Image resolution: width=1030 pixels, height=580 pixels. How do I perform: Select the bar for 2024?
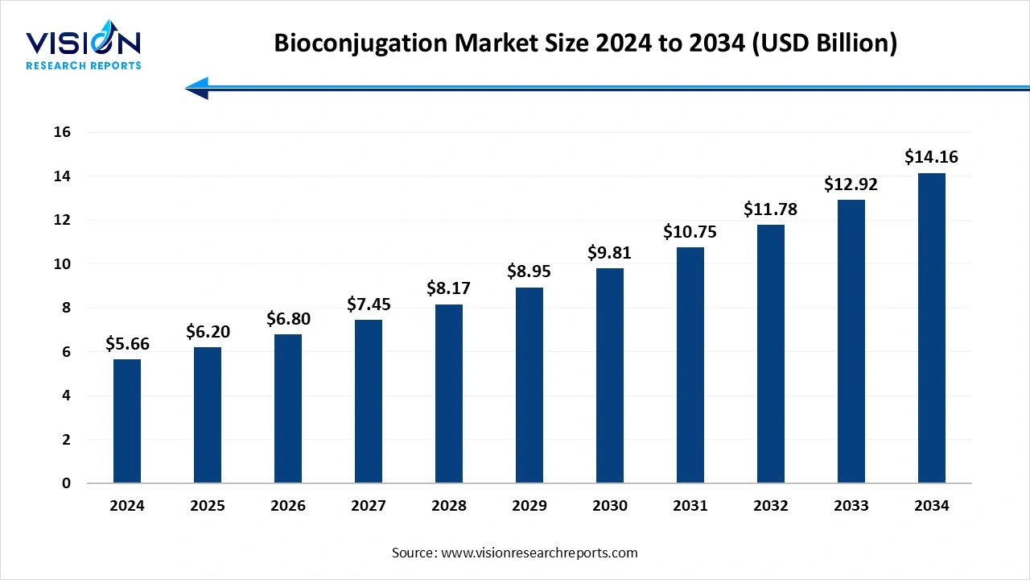pos(127,421)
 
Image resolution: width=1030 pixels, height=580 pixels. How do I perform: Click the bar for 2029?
pos(529,385)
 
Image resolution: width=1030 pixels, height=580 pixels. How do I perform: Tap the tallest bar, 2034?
pos(932,328)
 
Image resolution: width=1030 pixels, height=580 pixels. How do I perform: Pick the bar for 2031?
pos(690,365)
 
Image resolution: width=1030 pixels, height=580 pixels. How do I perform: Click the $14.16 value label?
pos(932,156)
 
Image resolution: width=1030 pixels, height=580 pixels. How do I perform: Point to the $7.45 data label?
pos(369,304)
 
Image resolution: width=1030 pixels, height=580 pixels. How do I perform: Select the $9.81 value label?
pos(610,252)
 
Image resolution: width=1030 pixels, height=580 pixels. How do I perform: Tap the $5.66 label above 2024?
pos(127,344)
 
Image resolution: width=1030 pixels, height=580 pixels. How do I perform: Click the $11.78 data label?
pos(771,209)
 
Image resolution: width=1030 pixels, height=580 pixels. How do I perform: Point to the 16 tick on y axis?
pos(62,132)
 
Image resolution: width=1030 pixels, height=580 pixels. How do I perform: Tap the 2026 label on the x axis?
pos(288,506)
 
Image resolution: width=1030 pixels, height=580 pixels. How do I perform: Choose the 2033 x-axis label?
pos(851,506)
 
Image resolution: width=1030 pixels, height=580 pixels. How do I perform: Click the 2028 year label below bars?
pos(449,506)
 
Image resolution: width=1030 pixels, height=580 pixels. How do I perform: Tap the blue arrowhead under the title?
pos(197,88)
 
